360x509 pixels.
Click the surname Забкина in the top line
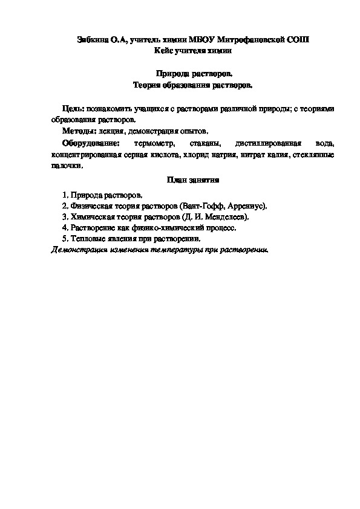93,40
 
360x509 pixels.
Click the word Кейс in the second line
164,51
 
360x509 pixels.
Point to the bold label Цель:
73,108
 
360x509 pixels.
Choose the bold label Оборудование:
91,144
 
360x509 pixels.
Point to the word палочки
67,166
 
